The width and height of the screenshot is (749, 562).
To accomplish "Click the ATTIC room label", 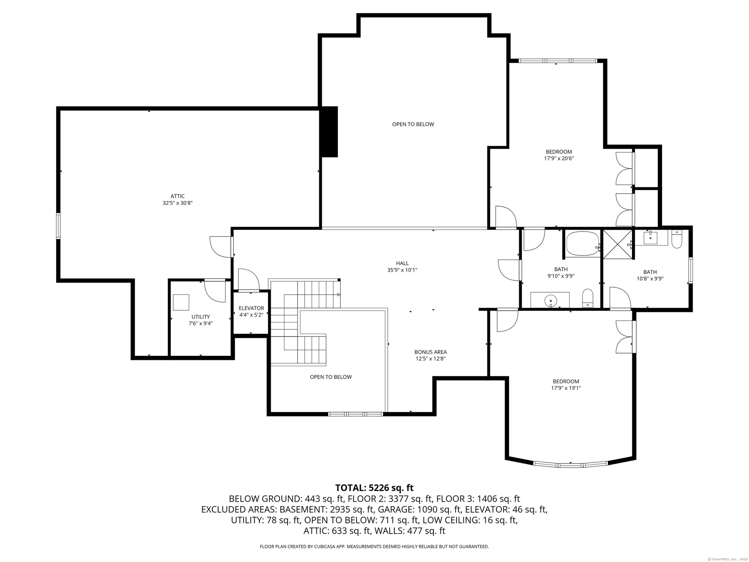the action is [x=177, y=196].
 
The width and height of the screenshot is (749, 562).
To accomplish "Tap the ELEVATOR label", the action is [x=251, y=308].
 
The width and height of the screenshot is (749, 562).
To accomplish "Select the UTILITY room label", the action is [x=201, y=317].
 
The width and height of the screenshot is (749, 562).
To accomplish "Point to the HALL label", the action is [x=402, y=263].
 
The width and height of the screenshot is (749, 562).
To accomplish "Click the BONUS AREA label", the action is [x=430, y=352].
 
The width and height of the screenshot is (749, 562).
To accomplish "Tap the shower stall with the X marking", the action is [x=617, y=244].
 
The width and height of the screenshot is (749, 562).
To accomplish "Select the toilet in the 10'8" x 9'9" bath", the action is [x=677, y=239].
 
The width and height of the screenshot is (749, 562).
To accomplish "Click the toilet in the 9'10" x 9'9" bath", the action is [x=587, y=299].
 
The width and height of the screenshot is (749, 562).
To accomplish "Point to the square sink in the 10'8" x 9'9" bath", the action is [x=651, y=237].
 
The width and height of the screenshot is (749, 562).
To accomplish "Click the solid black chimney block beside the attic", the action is [x=328, y=132].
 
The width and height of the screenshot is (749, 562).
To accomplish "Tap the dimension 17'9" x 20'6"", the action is [x=559, y=158].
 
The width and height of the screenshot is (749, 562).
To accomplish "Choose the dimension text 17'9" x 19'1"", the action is [x=566, y=388].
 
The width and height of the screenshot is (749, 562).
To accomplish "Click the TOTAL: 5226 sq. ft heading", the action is [x=374, y=488].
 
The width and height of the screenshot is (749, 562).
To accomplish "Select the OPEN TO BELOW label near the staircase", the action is [x=331, y=377].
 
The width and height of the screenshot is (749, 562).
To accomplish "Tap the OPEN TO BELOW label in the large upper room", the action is [x=413, y=124].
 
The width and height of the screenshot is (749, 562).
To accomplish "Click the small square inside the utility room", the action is [x=181, y=302].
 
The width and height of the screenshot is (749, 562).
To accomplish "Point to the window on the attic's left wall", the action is [x=58, y=226].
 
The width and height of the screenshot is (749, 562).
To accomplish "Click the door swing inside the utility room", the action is [x=215, y=291].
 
